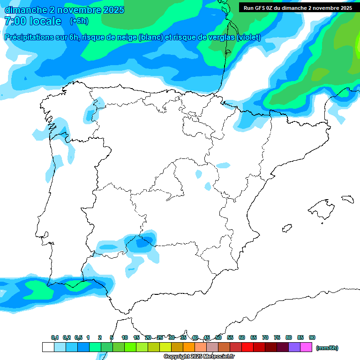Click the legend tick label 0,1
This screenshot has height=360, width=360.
(55, 337)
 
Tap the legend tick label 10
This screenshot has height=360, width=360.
(125, 337)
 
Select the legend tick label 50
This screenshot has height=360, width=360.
(218, 337)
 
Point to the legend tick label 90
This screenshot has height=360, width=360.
(312, 337)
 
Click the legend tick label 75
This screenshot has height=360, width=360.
(277, 337)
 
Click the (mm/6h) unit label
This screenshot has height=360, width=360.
(327, 348)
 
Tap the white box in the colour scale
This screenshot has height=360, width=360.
(48, 347)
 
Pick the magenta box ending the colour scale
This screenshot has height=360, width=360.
(306, 347)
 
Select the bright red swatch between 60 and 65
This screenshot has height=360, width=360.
(247, 347)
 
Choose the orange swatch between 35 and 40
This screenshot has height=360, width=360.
(189, 347)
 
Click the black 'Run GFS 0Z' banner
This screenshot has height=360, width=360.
(298, 8)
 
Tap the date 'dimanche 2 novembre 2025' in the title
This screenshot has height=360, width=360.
(64, 10)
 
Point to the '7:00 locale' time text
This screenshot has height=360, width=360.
(33, 21)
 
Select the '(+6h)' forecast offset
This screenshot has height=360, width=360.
(79, 21)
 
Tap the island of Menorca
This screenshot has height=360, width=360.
(347, 199)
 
